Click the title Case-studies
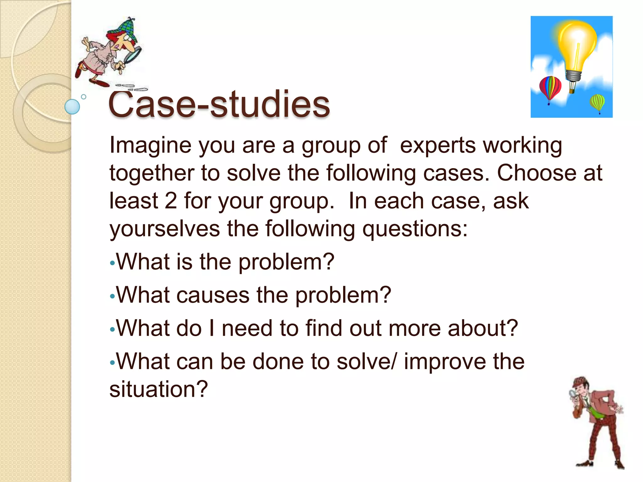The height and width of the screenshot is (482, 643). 219,104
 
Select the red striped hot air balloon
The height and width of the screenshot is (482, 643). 550,88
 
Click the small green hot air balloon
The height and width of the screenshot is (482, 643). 597,102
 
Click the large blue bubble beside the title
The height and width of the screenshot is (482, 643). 72,107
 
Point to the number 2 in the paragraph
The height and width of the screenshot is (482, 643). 170,201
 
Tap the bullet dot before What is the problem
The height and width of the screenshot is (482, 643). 112,263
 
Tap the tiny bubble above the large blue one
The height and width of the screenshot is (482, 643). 84,97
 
